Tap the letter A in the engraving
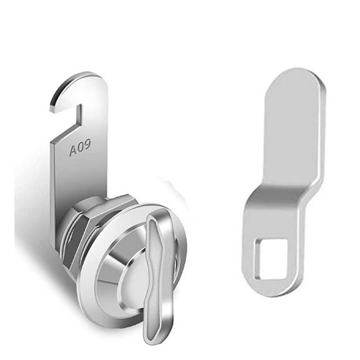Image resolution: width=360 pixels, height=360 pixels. [x=72, y=149]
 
